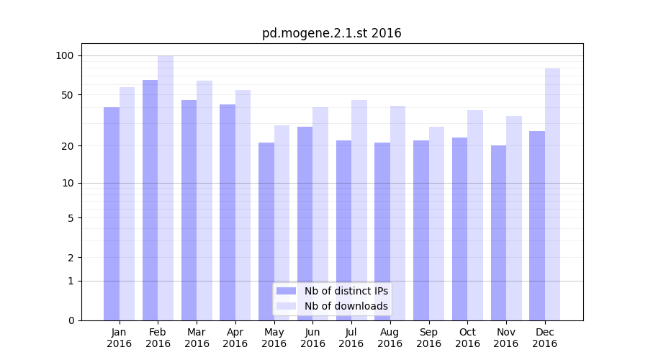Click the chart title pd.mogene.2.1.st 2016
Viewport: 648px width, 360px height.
331,33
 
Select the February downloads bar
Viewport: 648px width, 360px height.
166,187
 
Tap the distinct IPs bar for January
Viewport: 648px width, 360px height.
112,213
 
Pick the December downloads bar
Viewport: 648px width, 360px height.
552,194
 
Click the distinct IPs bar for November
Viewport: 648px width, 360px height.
498,233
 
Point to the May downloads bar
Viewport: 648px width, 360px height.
282,222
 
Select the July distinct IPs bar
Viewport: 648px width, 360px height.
343,230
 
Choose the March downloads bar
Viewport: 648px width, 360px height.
204,200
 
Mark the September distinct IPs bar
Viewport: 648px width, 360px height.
421,230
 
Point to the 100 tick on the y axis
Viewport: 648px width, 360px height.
65,56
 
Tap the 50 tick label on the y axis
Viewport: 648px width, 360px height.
68,95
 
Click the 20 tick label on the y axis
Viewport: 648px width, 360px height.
68,146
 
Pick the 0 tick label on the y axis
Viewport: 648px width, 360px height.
71,320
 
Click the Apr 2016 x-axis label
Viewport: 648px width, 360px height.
235,338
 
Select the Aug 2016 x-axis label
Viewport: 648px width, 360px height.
390,338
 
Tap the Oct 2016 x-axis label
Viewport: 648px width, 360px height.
467,338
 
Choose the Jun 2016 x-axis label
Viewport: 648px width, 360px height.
312,338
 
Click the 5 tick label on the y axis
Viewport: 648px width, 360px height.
71,218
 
